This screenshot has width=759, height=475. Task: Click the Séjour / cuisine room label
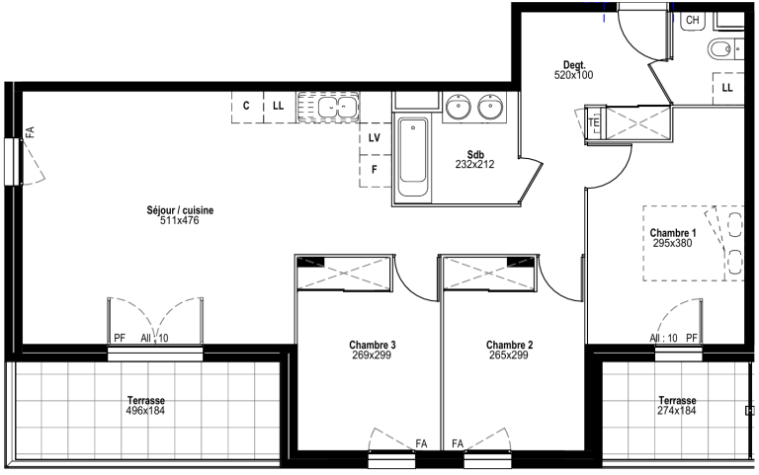pyautogui.click(x=180, y=210)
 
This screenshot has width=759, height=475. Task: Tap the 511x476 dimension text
pyautogui.click(x=180, y=220)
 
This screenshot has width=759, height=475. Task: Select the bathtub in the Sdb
pyautogui.click(x=413, y=157)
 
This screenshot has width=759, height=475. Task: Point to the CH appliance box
pyautogui.click(x=693, y=21)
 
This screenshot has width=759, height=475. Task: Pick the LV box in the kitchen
pyautogui.click(x=375, y=139)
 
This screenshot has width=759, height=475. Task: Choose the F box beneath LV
pyautogui.click(x=375, y=171)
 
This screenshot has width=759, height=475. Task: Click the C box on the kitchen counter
pyautogui.click(x=247, y=107)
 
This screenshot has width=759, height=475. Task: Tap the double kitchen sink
pyautogui.click(x=328, y=106)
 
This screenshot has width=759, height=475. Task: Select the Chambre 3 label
pyautogui.click(x=373, y=345)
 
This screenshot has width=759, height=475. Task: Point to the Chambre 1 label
pyautogui.click(x=673, y=233)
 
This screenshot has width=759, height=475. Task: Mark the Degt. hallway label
pyautogui.click(x=574, y=65)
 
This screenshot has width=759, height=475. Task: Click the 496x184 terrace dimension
pyautogui.click(x=145, y=411)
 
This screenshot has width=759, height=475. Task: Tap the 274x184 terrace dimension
pyautogui.click(x=677, y=411)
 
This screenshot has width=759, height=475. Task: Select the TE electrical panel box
pyautogui.click(x=593, y=123)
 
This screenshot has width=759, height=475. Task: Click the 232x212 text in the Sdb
pyautogui.click(x=474, y=165)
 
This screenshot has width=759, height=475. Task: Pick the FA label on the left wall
pyautogui.click(x=30, y=132)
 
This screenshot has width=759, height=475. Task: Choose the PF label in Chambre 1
pyautogui.click(x=692, y=338)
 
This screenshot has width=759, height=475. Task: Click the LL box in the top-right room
pyautogui.click(x=727, y=88)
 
